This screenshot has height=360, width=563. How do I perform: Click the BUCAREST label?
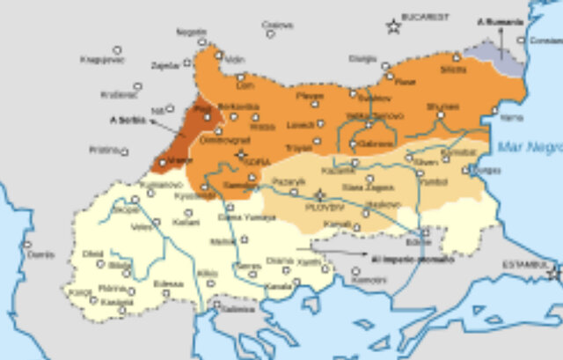(x=425, y=16)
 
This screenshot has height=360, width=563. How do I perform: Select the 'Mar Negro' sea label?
(x=528, y=146)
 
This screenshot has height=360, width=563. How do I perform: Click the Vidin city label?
(x=234, y=60)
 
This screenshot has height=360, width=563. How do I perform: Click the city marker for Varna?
(x=495, y=105)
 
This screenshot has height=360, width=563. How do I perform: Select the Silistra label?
(x=454, y=69)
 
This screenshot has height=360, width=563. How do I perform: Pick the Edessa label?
(x=169, y=283)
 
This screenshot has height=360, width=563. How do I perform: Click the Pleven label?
(x=311, y=95)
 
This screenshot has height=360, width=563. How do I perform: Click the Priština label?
(x=103, y=150)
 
